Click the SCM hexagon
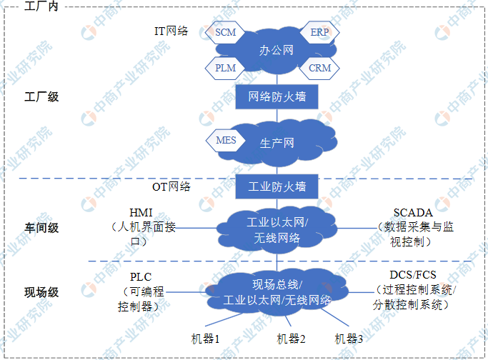225,32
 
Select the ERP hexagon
319,32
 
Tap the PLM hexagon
225,68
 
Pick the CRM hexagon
319,68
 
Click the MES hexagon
226,140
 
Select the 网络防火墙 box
277,96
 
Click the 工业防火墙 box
277,186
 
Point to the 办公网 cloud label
277,50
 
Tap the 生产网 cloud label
277,143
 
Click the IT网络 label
171,31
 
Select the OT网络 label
171,186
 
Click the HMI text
141,213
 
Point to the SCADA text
413,213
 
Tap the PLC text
141,277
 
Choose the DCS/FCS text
413,275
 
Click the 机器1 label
205,339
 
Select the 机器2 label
291,339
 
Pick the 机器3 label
349,339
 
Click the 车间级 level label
41,228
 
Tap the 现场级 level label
41,292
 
